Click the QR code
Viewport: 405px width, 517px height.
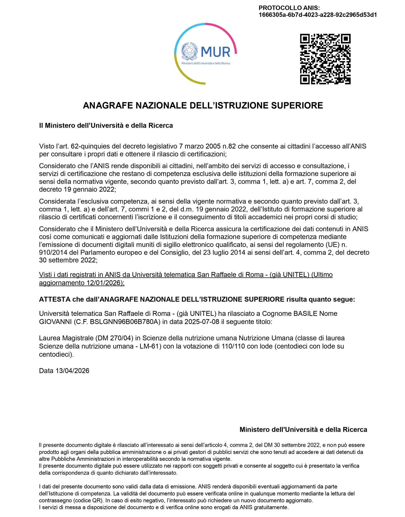[325, 59]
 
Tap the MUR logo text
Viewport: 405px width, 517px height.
[215, 52]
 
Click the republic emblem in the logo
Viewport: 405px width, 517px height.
[189, 51]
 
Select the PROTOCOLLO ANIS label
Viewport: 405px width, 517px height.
[289, 8]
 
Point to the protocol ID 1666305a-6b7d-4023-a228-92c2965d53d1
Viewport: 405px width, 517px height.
[318, 15]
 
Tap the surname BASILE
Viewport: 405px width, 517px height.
[305, 314]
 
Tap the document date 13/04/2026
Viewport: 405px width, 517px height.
[72, 371]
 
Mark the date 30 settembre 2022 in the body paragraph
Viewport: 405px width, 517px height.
[67, 260]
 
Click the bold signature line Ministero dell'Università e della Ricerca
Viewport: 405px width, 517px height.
[303, 430]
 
